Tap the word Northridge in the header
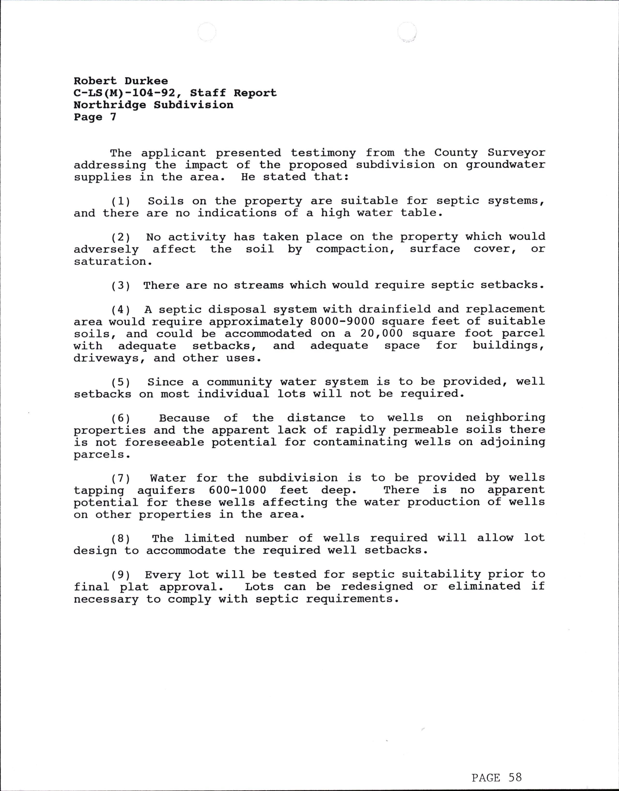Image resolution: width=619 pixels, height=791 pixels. pyautogui.click(x=109, y=105)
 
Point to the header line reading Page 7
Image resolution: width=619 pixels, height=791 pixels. pyautogui.click(x=95, y=117)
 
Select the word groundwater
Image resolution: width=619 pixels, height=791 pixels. pyautogui.click(x=505, y=165)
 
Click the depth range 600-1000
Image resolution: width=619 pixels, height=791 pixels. pyautogui.click(x=237, y=490)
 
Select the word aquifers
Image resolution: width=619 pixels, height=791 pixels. pyautogui.click(x=166, y=490)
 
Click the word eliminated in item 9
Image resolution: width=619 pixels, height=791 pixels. pyautogui.click(x=484, y=587)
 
